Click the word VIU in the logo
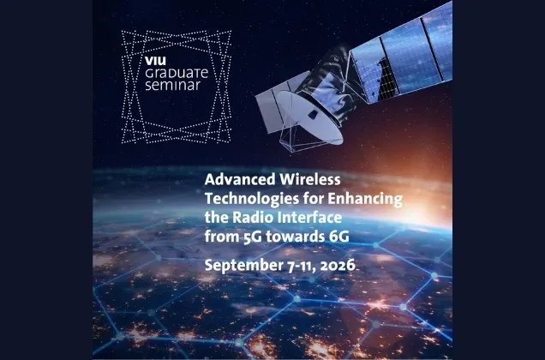(x=155, y=61)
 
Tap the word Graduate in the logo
(x=177, y=73)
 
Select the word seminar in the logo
(x=173, y=85)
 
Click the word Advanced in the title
(x=240, y=179)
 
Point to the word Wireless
(x=310, y=179)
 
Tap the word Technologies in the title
(x=252, y=199)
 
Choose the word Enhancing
(x=365, y=199)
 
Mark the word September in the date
(x=244, y=266)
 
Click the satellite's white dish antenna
(x=310, y=117)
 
